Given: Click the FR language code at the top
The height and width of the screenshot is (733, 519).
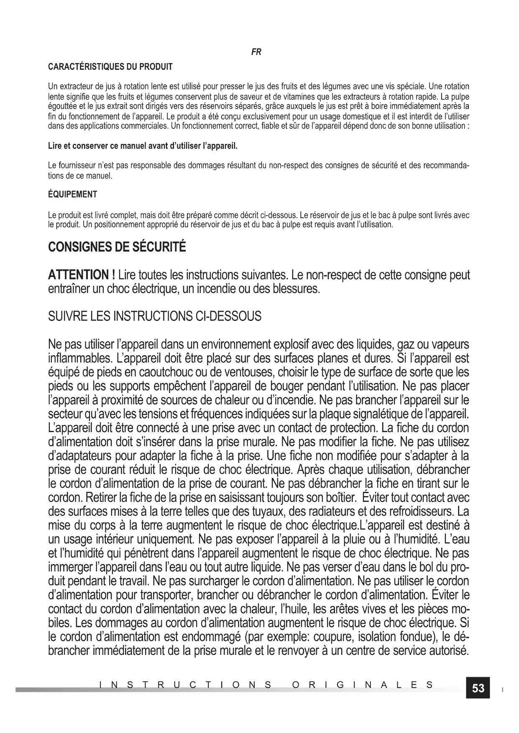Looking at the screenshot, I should [256, 52].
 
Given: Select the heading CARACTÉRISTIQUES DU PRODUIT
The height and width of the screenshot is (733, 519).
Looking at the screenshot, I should [110, 67].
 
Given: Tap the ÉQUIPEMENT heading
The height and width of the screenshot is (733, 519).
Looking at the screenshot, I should [73, 194].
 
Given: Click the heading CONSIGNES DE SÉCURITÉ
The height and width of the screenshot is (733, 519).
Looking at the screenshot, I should [117, 247].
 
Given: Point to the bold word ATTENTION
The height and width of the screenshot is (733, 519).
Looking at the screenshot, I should [79, 275].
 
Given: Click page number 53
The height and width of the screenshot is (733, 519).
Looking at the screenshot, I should [478, 688].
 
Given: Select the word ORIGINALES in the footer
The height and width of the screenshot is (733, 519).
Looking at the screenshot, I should [362, 685].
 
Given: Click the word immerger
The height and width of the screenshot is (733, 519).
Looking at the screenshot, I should [71, 568].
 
